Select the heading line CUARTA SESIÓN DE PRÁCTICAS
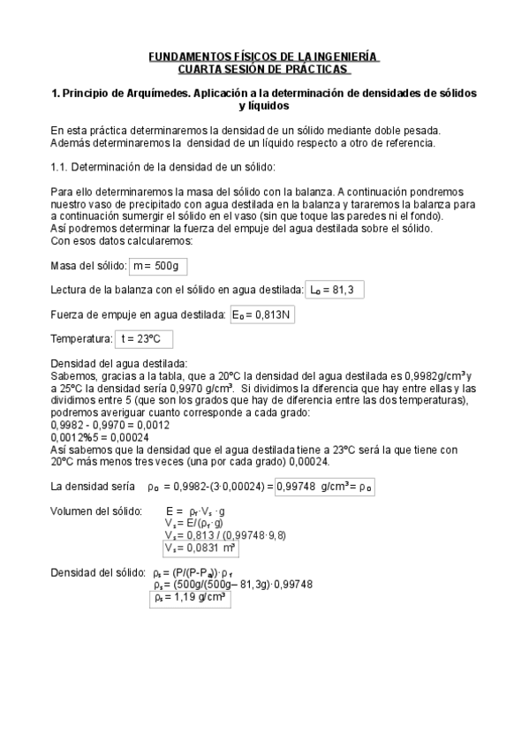pos(263,69)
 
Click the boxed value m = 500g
pos(158,266)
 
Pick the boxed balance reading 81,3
pos(335,290)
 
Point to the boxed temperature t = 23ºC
pos(143,338)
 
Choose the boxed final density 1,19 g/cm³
pos(190,598)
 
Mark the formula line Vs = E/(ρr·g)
pos(193,524)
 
